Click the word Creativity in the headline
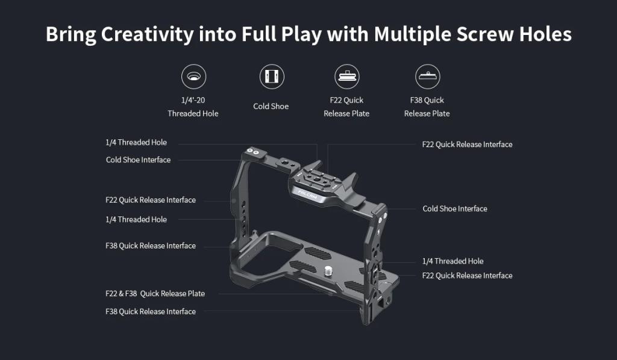pyautogui.click(x=147, y=34)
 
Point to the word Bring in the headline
pyautogui.click(x=71, y=34)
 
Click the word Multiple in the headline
pyautogui.click(x=412, y=34)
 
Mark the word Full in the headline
pyautogui.click(x=258, y=34)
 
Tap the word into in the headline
pyautogui.click(x=217, y=34)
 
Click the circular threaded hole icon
pyautogui.click(x=193, y=77)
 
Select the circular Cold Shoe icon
pyautogui.click(x=272, y=77)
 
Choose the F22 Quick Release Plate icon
pyautogui.click(x=346, y=77)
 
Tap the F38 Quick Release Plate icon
pyautogui.click(x=428, y=77)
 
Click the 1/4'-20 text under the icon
pyautogui.click(x=193, y=100)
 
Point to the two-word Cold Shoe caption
pyautogui.click(x=271, y=106)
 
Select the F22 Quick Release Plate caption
pyautogui.click(x=346, y=107)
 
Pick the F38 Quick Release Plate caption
pyautogui.click(x=427, y=107)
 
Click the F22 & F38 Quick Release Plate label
pyautogui.click(x=155, y=294)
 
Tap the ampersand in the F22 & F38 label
pyautogui.click(x=121, y=294)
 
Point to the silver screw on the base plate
pyautogui.click(x=328, y=270)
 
